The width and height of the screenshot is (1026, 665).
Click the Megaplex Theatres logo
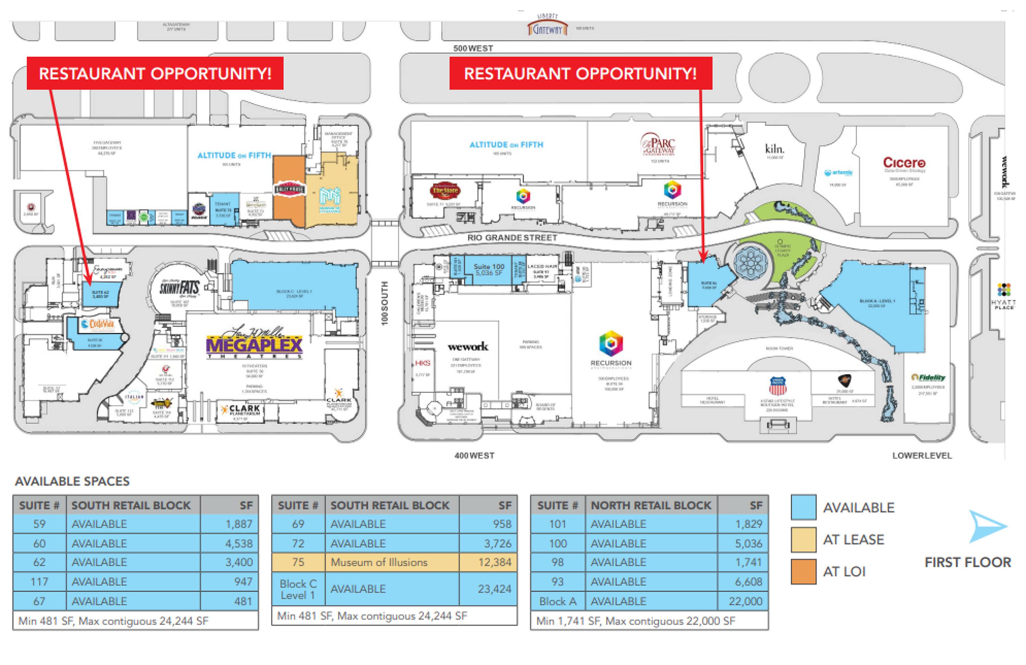coord(254,344)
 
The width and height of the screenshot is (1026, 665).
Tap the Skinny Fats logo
coord(179,287)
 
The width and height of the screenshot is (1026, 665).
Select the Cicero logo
coord(904,162)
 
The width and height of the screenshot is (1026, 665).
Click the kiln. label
coord(774,149)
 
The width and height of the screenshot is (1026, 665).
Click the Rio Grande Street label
coord(512,238)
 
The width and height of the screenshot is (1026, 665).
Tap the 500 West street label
coord(473,48)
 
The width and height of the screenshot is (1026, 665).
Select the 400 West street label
coord(474,455)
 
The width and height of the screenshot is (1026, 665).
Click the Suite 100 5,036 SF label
coord(489,269)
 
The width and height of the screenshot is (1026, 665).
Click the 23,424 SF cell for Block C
coord(488,589)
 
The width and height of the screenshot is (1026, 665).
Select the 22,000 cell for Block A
coord(742,601)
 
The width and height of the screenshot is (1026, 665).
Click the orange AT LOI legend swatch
coord(803,571)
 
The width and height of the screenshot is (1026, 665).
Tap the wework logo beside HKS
coord(468,346)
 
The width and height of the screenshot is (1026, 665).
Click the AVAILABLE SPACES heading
coord(72,481)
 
